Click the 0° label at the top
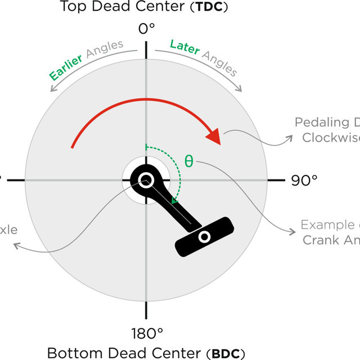point(146,28)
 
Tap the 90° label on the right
point(304,180)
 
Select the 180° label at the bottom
point(147,334)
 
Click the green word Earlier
point(66,66)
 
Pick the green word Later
point(185,48)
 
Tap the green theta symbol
point(189,161)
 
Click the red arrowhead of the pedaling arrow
point(214,136)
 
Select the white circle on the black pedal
point(205,237)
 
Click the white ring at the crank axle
point(146,180)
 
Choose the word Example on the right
point(326,225)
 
